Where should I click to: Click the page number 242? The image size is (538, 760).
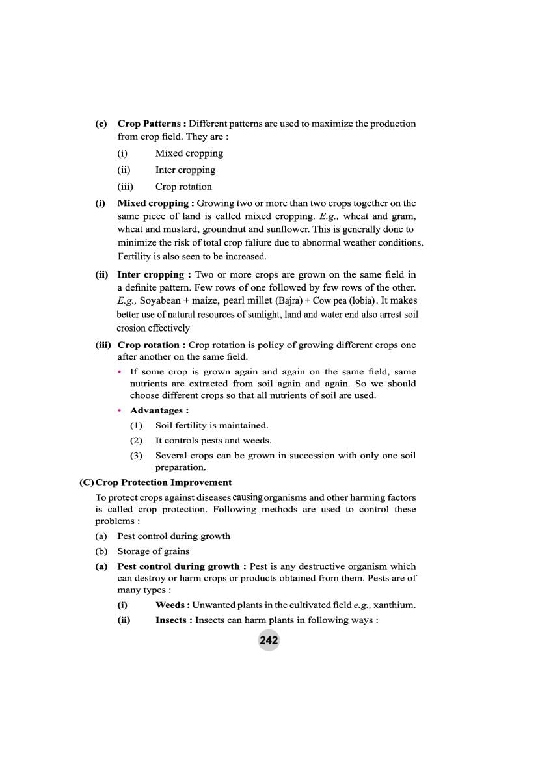tap(269, 640)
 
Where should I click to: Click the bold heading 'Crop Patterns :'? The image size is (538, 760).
tap(152, 124)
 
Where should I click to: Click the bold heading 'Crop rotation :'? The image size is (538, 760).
tap(152, 345)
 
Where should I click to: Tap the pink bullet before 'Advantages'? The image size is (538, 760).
tap(120, 410)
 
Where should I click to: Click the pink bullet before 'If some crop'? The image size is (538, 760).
tap(120, 372)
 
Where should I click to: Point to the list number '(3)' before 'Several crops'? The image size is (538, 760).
tap(136, 456)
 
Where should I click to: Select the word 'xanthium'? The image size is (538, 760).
tap(394, 605)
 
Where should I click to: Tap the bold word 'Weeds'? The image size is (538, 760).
tap(170, 605)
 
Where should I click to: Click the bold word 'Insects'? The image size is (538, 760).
tap(171, 620)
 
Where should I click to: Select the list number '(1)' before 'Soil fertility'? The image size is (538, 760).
tap(136, 425)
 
